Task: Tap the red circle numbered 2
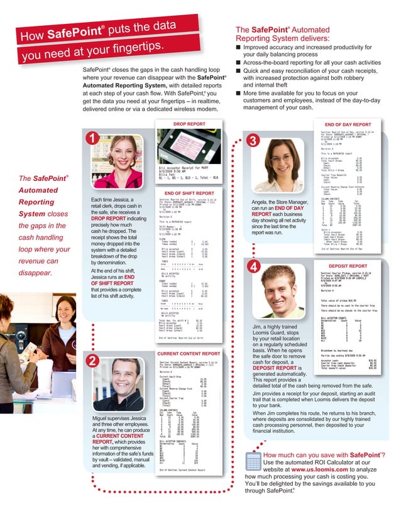(x=93, y=361)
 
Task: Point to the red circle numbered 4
(x=254, y=268)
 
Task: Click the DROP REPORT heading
(x=189, y=124)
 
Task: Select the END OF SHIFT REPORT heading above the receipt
(x=189, y=193)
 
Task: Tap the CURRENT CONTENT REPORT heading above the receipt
(x=189, y=354)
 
